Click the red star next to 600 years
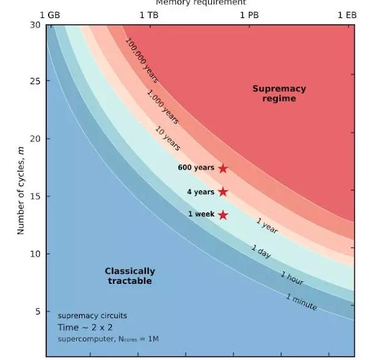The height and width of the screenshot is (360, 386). point(223,168)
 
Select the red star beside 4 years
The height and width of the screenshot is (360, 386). point(223,192)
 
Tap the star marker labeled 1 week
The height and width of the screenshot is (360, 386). point(223,215)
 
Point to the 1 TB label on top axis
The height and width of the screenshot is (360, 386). point(149,15)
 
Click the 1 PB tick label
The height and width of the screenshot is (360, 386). point(249,15)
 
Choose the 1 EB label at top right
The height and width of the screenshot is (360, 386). point(347,15)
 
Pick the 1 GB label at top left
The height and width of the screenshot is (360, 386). point(50,15)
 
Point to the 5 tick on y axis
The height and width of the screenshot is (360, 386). point(37,311)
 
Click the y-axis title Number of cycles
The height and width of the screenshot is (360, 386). point(21,187)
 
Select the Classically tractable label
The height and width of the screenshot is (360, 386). point(130,276)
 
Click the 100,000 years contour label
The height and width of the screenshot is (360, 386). point(142,61)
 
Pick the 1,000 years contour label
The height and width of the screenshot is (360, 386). point(163,107)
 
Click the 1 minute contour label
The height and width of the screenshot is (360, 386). point(301,302)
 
